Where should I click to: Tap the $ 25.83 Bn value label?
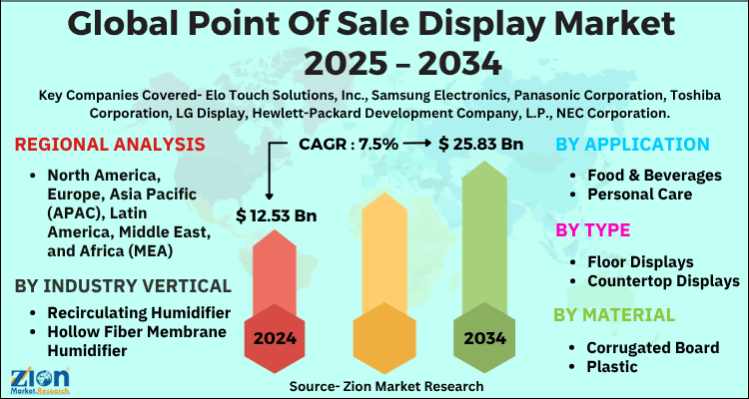coord(481,145)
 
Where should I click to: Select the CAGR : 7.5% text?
coord(350,145)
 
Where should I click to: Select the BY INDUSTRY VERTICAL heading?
coord(123,285)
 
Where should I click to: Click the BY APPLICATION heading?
coord(631,145)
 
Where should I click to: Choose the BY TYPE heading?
coord(593,229)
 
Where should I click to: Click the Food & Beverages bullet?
coord(654,175)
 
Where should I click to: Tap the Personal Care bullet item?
coord(639,195)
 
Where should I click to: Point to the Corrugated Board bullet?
coord(653,347)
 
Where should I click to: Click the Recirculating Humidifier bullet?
coord(129,312)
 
